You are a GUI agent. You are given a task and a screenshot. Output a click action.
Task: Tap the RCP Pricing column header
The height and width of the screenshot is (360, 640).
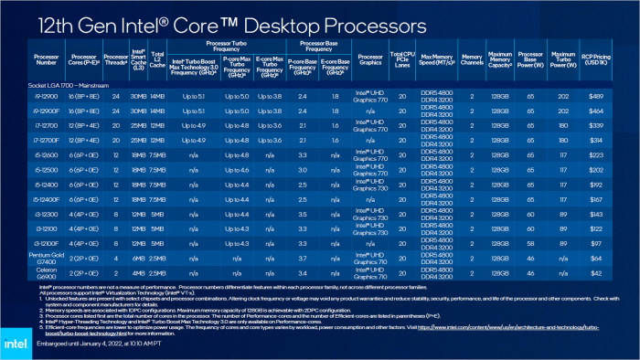[597, 60]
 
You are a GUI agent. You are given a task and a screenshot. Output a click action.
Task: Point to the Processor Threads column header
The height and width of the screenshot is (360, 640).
[115, 60]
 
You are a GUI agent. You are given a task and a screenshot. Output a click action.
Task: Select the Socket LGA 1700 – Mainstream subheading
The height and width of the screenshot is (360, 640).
[44, 82]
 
